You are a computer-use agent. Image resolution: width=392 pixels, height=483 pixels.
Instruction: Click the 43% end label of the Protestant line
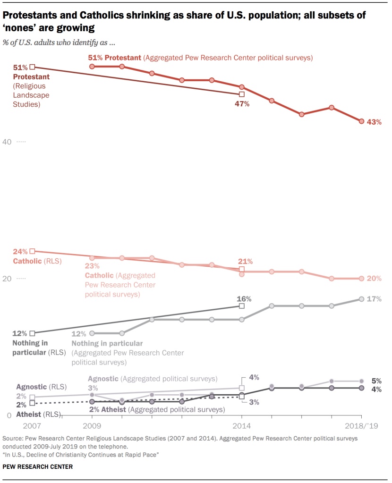tap(374, 122)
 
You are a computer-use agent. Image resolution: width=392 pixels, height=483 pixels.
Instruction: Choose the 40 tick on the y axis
tap(8, 142)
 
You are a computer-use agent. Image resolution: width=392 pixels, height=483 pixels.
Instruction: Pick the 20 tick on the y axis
tap(8, 279)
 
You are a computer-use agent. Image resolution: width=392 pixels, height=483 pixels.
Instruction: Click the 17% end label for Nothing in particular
tap(374, 299)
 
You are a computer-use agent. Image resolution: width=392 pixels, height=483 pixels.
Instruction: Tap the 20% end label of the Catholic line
tap(374, 279)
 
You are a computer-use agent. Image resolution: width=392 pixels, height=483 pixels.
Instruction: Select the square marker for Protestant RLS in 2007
tap(32, 67)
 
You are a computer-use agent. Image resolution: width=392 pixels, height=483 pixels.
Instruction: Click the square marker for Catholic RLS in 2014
tap(242, 269)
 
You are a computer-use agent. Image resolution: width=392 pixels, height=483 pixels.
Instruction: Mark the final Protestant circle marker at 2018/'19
tap(361, 121)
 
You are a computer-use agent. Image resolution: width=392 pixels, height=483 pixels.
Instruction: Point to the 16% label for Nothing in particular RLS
tap(244, 299)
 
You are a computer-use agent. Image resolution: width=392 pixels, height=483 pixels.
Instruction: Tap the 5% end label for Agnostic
tap(377, 381)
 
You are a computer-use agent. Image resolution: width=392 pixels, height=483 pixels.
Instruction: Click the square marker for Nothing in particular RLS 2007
tap(32, 333)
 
